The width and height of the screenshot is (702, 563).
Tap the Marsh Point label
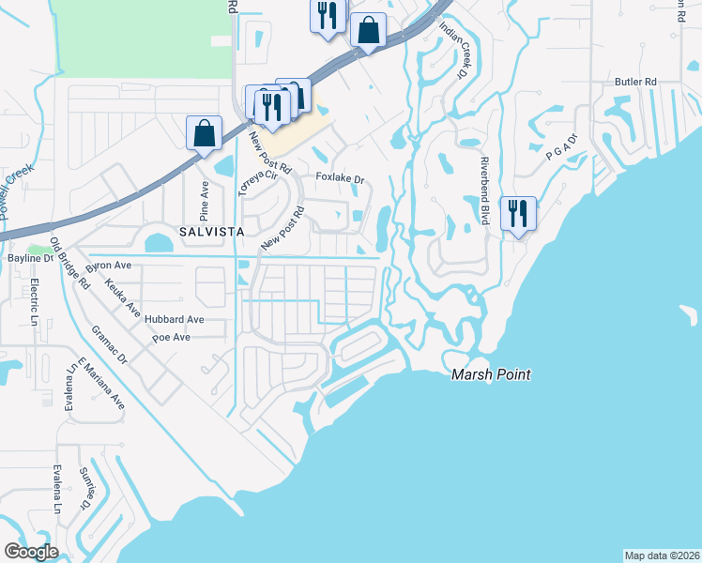[491, 374]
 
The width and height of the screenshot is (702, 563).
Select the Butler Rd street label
[634, 82]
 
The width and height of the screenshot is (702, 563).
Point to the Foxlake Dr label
[339, 178]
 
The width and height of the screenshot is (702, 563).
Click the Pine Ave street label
[203, 199]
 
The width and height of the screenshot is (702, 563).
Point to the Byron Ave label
[109, 266]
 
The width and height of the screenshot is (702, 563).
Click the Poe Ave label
[171, 337]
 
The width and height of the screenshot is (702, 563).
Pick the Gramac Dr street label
[111, 347]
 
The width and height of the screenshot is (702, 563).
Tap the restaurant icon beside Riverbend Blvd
[518, 214]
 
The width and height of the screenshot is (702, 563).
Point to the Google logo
[31, 552]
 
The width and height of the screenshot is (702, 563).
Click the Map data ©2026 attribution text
[662, 555]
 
